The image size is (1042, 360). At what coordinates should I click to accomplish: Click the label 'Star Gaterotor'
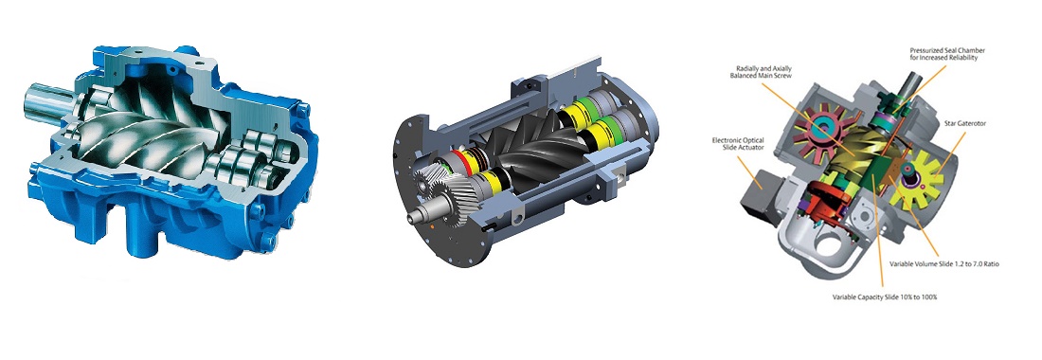tap(964, 123)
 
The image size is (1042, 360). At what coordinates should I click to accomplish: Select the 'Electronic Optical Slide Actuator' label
tap(738, 144)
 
